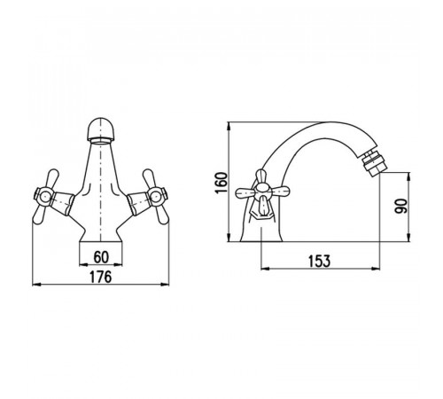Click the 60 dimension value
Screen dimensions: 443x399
[x=101, y=257]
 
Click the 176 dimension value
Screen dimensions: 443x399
[x=101, y=277]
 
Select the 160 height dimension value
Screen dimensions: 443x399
[x=221, y=183]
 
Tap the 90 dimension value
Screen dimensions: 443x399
[x=400, y=206]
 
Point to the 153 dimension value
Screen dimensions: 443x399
[x=320, y=261]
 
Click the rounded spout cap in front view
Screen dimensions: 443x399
[x=101, y=129]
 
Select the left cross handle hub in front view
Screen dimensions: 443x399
[x=44, y=196]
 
